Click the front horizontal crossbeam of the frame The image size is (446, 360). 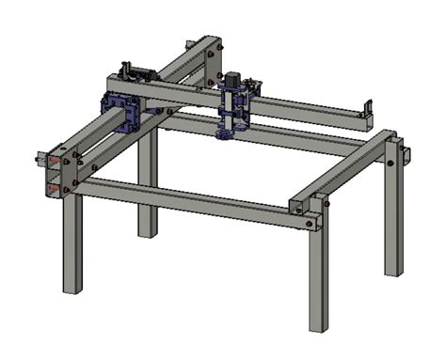[x=188, y=201]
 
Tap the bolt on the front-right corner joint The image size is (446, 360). [x=310, y=224]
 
